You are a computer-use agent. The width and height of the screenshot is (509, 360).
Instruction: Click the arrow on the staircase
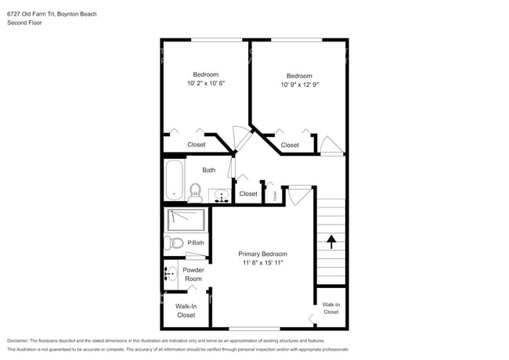(330, 241)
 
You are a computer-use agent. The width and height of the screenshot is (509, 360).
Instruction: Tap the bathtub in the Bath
(173, 181)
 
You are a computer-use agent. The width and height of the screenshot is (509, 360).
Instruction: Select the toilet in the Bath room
(194, 191)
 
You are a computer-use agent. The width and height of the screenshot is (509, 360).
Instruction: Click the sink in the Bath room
(221, 196)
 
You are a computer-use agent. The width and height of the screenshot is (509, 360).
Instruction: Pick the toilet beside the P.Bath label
(174, 243)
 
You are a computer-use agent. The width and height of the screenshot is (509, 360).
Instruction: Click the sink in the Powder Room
(171, 274)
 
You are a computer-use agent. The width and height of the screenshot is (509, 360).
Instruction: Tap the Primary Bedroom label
(262, 254)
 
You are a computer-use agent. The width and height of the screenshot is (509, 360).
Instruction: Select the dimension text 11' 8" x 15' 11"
(262, 263)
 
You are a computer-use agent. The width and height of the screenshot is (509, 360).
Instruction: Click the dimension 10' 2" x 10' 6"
(206, 83)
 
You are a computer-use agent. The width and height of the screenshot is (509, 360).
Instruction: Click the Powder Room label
(193, 275)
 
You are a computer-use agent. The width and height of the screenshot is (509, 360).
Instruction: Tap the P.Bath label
(196, 243)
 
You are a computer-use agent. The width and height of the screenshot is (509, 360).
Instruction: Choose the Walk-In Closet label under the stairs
(331, 308)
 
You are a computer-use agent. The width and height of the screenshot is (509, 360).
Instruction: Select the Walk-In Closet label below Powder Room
(186, 311)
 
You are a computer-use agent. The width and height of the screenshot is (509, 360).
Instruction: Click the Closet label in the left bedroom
(197, 145)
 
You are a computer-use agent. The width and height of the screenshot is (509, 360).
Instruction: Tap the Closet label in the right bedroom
(290, 145)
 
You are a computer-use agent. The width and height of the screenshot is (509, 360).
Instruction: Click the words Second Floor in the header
(24, 23)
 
